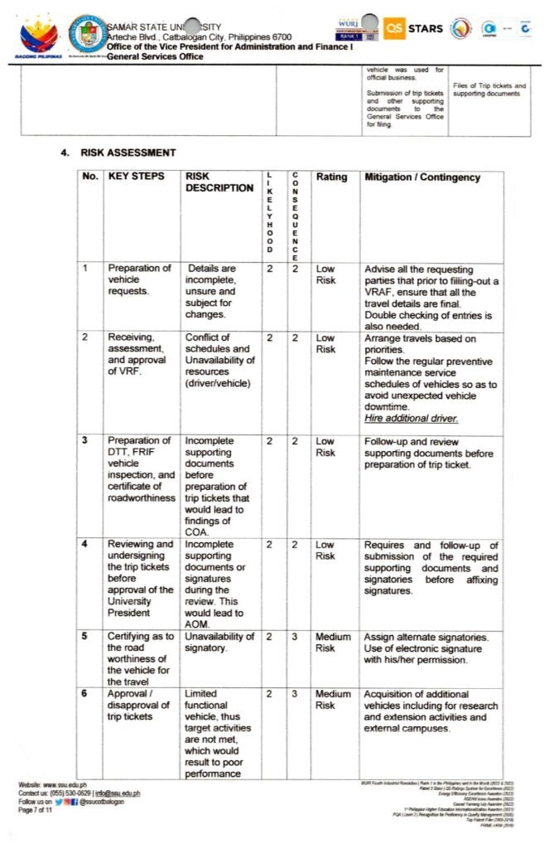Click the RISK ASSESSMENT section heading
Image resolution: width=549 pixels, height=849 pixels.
point(128,153)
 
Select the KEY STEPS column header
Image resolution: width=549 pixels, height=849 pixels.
point(136,177)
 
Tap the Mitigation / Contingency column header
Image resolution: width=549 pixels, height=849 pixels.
point(421,177)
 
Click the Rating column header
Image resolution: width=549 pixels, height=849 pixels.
point(331,177)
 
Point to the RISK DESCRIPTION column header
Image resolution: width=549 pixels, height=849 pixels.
point(219,182)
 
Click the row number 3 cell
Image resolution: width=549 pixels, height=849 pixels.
point(85,440)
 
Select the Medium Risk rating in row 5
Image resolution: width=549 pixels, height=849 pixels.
point(333,643)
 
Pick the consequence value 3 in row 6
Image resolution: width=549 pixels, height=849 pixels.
point(294,693)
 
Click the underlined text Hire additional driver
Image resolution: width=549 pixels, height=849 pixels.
point(411,419)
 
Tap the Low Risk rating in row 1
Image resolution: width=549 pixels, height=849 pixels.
point(325,274)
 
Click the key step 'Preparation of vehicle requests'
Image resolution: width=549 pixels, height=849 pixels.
point(139,279)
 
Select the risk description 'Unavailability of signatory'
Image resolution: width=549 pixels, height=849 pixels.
point(219,642)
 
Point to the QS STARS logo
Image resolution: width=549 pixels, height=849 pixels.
point(414,28)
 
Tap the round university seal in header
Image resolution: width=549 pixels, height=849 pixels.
point(85,34)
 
